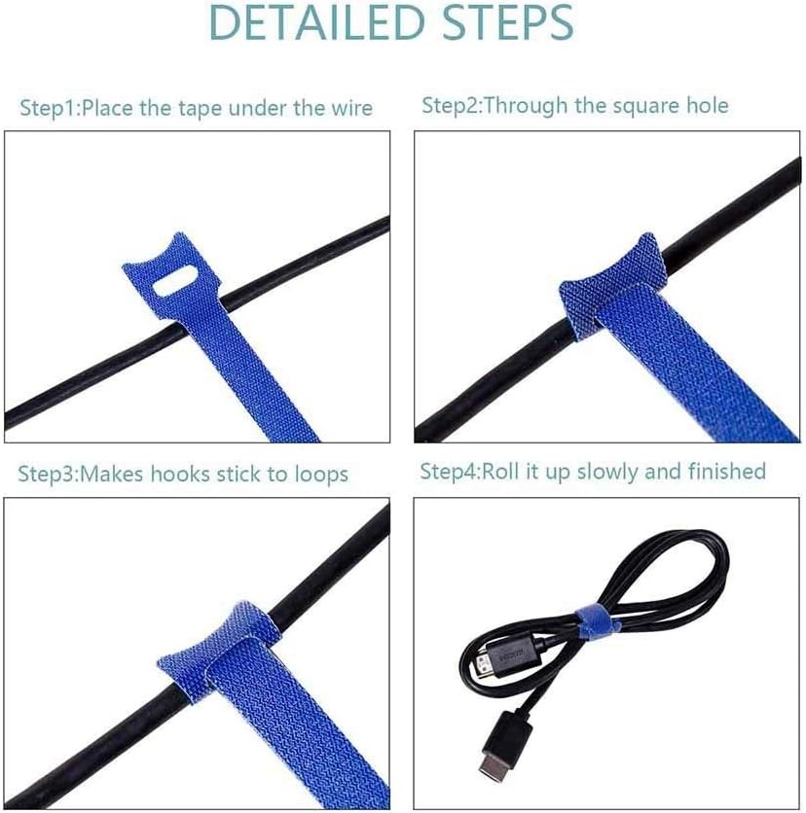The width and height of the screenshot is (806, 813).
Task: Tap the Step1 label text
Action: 47,108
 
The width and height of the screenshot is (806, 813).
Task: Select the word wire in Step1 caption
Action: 350,107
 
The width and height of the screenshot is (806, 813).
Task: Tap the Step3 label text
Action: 45,475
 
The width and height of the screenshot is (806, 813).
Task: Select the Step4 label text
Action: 449,472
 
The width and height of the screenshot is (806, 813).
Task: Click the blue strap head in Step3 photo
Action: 206,651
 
